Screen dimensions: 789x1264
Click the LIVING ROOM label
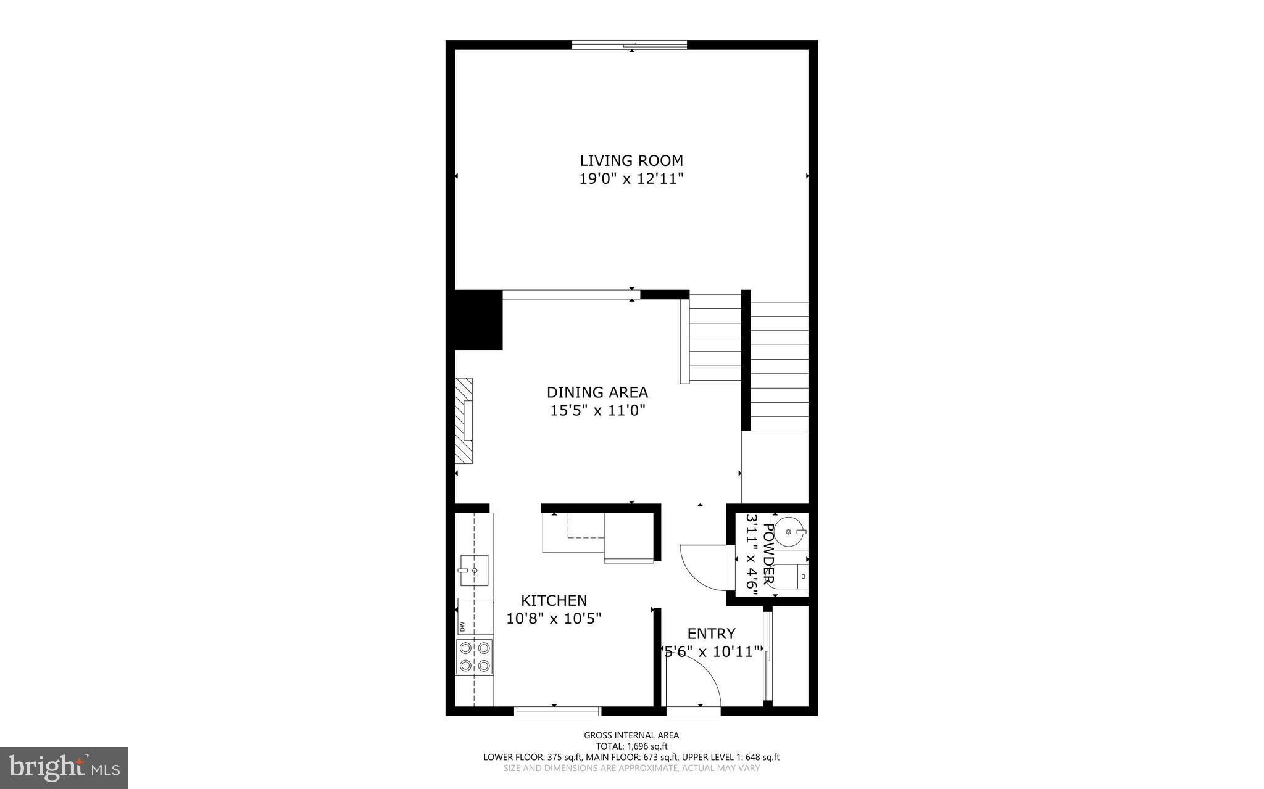pyautogui.click(x=631, y=161)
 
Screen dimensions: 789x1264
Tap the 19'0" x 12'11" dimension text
pyautogui.click(x=631, y=180)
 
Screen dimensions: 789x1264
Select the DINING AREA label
pyautogui.click(x=597, y=392)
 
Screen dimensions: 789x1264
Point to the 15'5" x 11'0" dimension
pyautogui.click(x=597, y=411)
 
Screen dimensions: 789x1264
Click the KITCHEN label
pyautogui.click(x=554, y=600)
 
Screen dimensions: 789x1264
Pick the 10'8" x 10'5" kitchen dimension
pyautogui.click(x=554, y=618)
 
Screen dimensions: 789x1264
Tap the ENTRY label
pyautogui.click(x=711, y=634)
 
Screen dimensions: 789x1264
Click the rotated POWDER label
pyautogui.click(x=769, y=554)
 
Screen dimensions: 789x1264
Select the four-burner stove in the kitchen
pyautogui.click(x=475, y=657)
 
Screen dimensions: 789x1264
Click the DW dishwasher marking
pyautogui.click(x=462, y=627)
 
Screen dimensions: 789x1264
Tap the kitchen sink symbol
pyautogui.click(x=473, y=571)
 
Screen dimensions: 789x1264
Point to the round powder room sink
pyautogui.click(x=789, y=531)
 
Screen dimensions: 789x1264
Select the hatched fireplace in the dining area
pyautogui.click(x=464, y=421)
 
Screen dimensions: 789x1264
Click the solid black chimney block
pyautogui.click(x=478, y=320)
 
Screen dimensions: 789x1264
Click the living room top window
pyautogui.click(x=629, y=44)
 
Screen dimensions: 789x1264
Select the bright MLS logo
pyautogui.click(x=64, y=767)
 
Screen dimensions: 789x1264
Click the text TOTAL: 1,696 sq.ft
pyautogui.click(x=631, y=746)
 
